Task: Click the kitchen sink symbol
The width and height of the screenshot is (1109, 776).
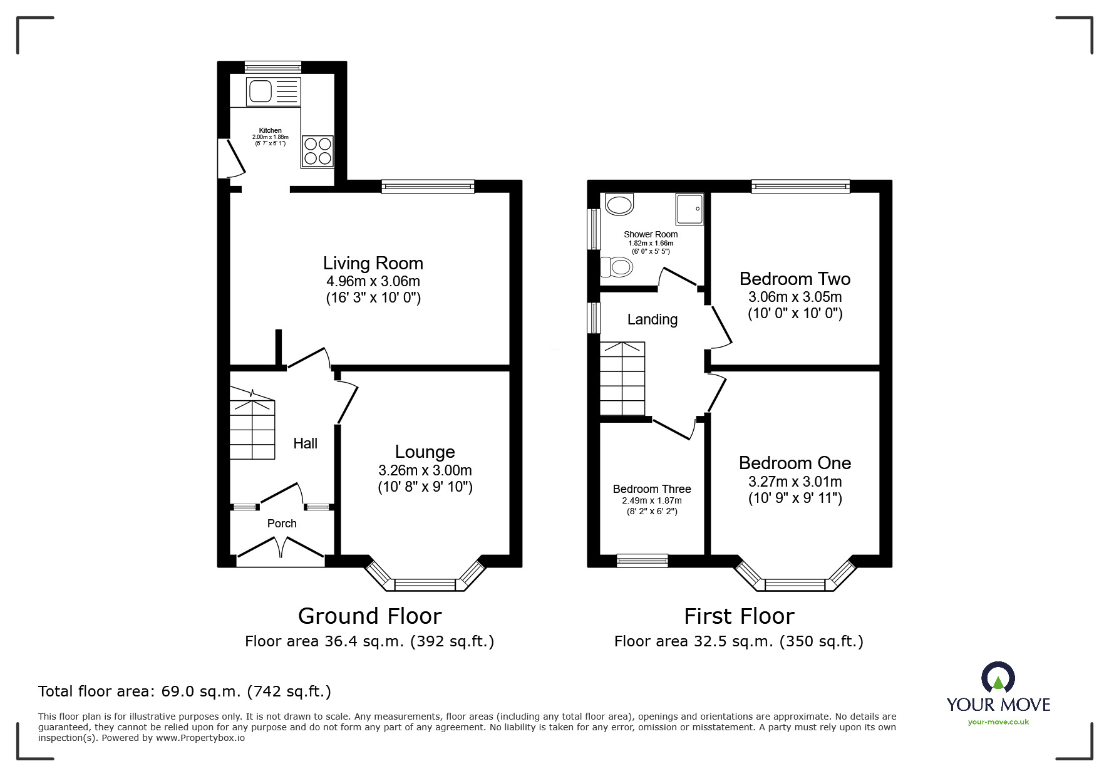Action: point(274,92)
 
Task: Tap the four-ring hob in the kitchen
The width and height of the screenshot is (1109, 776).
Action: point(317,152)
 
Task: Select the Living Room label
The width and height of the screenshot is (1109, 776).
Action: point(373,263)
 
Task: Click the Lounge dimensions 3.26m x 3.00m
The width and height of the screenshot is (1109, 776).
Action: point(425,470)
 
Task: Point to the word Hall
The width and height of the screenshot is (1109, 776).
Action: point(305,443)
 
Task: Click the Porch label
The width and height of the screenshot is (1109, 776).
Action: point(282,524)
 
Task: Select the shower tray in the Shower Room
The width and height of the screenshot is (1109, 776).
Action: point(689,209)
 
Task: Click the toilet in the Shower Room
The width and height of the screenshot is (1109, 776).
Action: point(616,267)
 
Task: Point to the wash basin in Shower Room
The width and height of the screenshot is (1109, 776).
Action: point(619,204)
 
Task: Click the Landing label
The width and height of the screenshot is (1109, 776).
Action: point(652,319)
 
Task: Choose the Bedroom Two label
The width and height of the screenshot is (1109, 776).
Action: point(795,279)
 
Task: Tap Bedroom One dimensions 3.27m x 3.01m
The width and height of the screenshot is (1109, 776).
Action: point(795,482)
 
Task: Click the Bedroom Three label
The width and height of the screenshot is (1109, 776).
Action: point(651,489)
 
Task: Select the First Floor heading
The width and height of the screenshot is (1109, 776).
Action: point(738,616)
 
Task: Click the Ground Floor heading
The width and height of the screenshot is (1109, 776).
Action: point(369,616)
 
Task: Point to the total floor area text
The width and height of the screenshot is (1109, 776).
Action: point(185,691)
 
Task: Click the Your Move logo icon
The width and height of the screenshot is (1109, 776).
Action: point(998,678)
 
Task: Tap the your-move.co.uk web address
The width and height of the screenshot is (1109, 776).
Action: point(998,722)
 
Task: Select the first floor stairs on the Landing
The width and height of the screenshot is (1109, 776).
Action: point(622,378)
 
